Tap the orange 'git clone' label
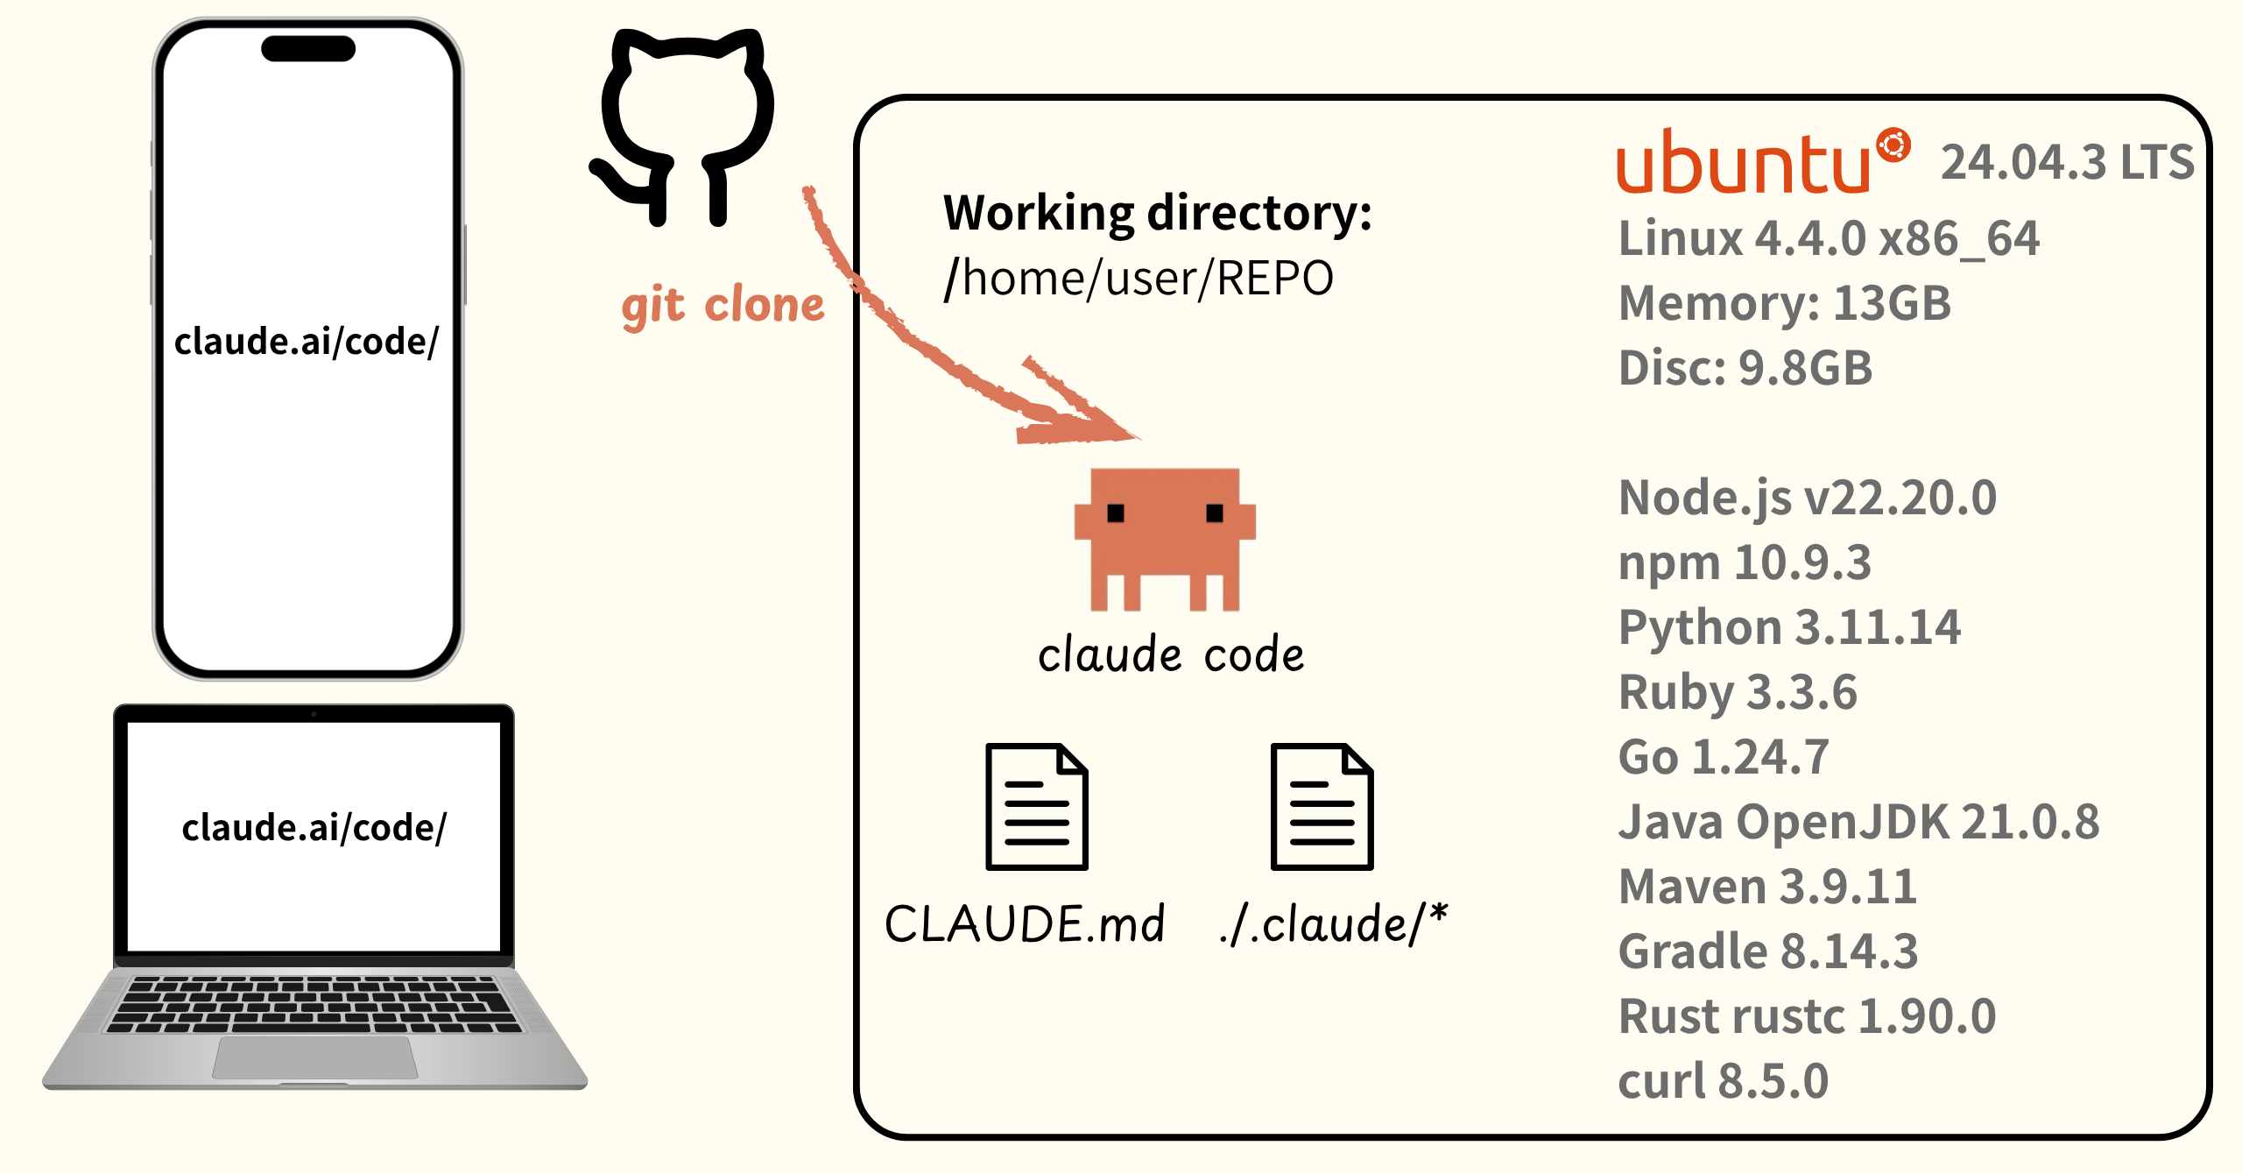coord(723,306)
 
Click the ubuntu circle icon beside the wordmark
coord(1893,145)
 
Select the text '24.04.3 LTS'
coord(2067,163)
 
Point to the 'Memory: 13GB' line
coord(1784,303)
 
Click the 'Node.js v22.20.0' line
coord(1807,498)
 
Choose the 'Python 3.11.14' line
coord(1788,627)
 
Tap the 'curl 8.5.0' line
coord(1723,1081)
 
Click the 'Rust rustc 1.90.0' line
coord(1806,1016)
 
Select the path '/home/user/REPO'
coord(1139,279)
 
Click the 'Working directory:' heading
coord(1157,213)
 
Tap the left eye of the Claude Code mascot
coord(1116,513)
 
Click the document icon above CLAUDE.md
coord(1037,806)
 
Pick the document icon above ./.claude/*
coord(1322,806)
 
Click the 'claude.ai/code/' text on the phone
coord(307,342)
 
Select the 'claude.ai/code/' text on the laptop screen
coord(314,828)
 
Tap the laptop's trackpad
coord(315,1057)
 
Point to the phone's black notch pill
coord(308,48)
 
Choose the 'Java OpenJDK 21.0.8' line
coord(1858,822)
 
